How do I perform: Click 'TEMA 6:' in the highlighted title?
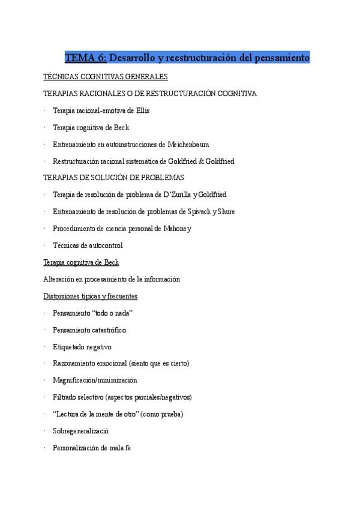[86, 58]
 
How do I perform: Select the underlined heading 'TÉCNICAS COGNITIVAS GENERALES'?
[106, 77]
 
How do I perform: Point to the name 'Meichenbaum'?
[188, 145]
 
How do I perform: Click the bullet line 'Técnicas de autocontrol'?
[88, 245]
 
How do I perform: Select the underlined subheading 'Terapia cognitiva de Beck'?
[81, 262]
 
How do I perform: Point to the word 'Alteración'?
[59, 279]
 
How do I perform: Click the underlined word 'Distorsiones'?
[62, 296]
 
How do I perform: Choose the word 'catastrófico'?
[108, 330]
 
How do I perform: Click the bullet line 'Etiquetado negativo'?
[82, 347]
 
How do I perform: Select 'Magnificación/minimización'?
[95, 381]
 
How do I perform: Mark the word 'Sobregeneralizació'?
[81, 431]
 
